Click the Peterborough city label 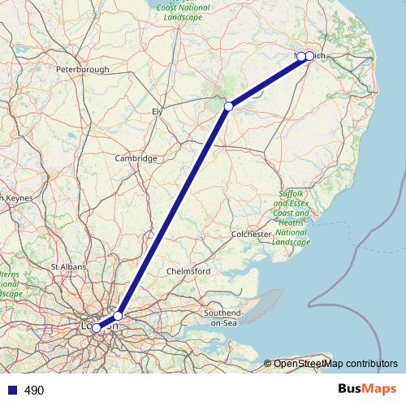82,70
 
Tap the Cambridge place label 136,158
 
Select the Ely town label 157,110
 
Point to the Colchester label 250,234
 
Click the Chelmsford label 188,270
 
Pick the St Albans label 69,266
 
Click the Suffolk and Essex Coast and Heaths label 292,218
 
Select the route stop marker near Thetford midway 229,106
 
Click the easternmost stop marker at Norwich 309,56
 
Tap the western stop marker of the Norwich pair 301,56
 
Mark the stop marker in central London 97,328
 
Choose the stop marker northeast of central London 118,315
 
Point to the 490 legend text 34,391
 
